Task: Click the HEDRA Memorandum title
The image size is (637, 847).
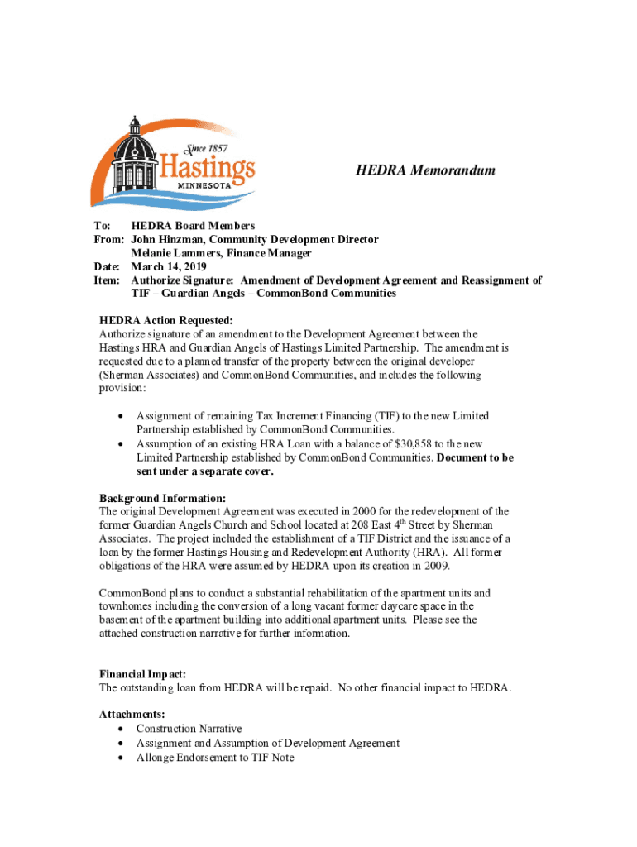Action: tap(425, 170)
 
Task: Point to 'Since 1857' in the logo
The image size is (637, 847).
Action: tap(204, 148)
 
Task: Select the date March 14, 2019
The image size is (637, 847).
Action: tap(169, 266)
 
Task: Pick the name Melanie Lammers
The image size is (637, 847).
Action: tap(176, 253)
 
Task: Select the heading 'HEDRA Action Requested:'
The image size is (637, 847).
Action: tap(166, 320)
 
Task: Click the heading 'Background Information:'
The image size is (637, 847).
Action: tap(162, 498)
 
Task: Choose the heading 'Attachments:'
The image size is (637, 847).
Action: tap(132, 713)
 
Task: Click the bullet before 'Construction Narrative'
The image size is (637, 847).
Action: tap(122, 729)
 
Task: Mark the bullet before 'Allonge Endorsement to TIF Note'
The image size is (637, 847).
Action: tap(122, 757)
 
